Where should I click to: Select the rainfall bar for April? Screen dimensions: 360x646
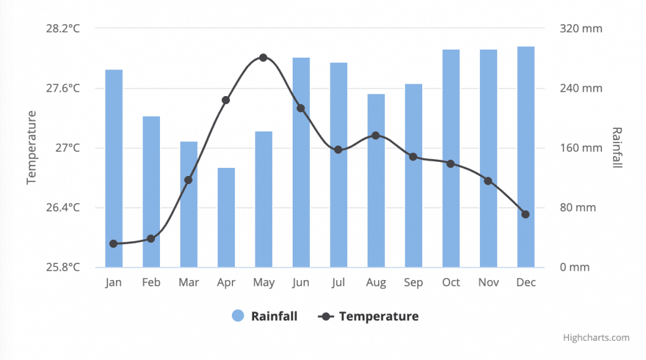point(226,217)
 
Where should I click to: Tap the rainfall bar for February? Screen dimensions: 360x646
point(151,191)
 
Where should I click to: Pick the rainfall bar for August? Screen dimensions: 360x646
point(376,180)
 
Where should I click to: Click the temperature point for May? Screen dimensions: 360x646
point(263,58)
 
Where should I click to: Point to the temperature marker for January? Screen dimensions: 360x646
point(113,244)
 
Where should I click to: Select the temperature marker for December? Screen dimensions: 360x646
point(526,214)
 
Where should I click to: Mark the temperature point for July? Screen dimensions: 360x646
point(338,149)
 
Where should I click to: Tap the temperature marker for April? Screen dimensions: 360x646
point(226,100)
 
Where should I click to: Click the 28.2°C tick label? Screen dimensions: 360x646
point(63,29)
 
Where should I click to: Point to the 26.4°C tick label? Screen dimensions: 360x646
point(63,208)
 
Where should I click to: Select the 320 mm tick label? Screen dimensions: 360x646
point(581,29)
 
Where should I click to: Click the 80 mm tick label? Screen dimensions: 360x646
point(578,208)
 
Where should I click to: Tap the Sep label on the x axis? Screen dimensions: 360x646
point(414,283)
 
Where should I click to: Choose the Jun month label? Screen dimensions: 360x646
point(301,283)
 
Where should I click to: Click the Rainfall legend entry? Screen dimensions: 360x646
point(265,316)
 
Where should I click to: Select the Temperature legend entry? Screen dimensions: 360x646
point(369,316)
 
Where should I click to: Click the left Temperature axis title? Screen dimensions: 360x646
point(32,147)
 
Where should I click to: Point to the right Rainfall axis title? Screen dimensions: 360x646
point(616,147)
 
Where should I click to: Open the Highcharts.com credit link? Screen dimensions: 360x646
point(596,338)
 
